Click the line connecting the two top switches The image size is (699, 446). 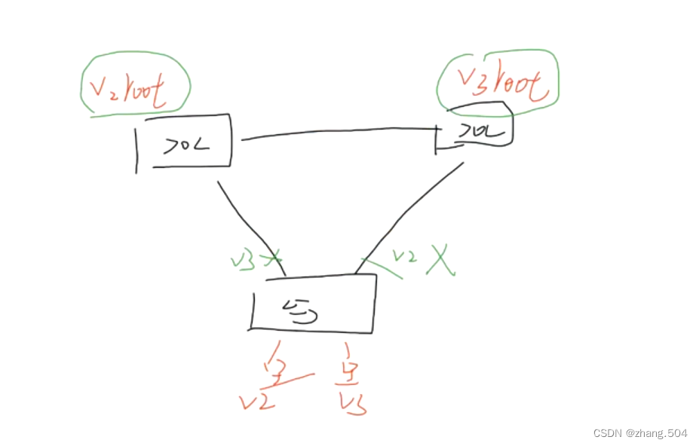[339, 133]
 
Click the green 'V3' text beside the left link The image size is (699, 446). [244, 261]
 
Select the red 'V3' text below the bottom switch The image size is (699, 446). [351, 404]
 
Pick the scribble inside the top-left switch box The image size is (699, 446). [185, 145]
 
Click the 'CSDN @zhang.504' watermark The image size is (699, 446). [639, 433]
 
